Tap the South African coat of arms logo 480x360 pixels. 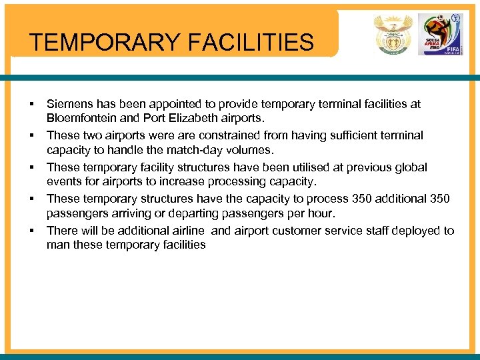click(x=393, y=35)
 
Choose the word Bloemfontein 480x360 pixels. click(x=83, y=119)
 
